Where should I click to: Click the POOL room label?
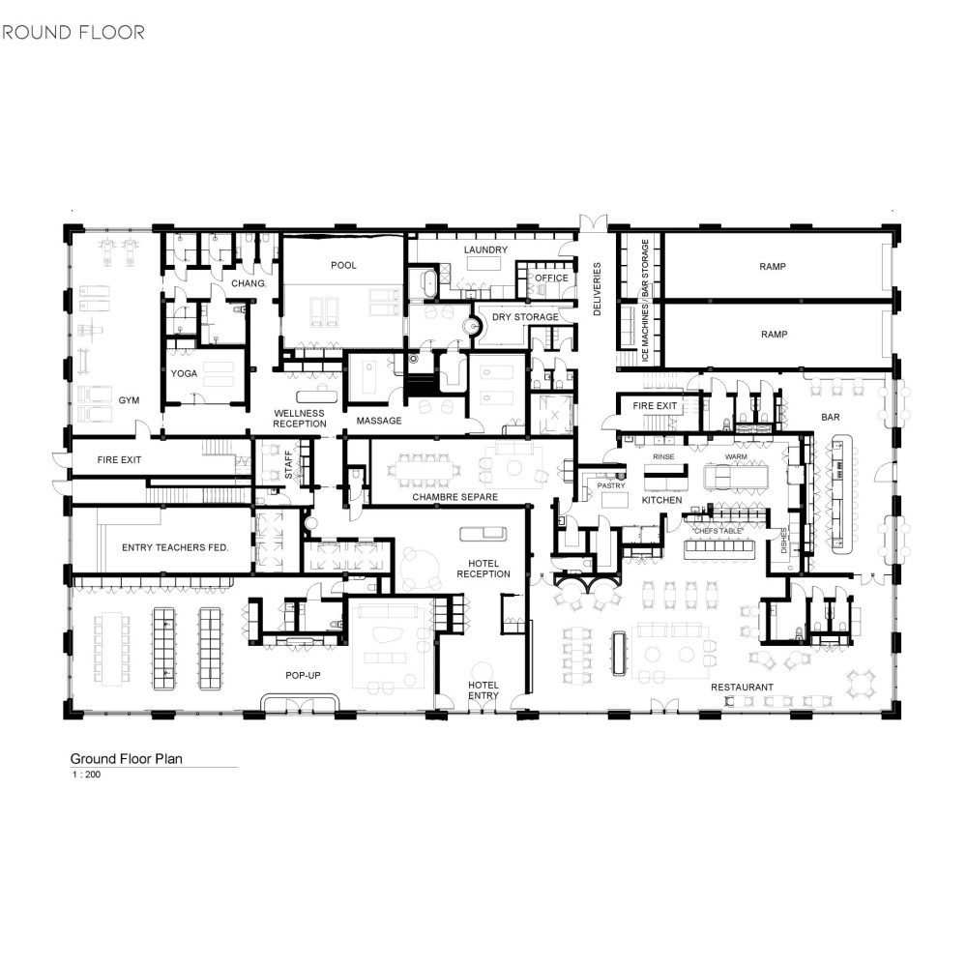(343, 265)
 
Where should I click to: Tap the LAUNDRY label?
(486, 249)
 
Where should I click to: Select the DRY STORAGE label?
(525, 317)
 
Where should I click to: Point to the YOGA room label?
(184, 373)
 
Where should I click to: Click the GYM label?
(129, 400)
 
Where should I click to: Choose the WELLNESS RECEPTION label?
(300, 419)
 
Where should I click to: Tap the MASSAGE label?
(379, 421)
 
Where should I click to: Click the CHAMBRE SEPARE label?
(455, 497)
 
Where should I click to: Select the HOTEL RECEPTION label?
(483, 569)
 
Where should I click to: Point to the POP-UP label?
(303, 675)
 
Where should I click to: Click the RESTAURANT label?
(742, 687)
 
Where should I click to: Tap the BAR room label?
(831, 418)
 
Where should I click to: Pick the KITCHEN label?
(661, 500)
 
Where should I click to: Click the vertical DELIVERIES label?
(597, 289)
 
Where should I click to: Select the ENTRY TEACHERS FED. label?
(175, 547)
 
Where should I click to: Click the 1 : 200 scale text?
(86, 775)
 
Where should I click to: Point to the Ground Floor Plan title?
(127, 759)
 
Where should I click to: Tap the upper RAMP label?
(773, 267)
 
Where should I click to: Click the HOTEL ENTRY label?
(483, 690)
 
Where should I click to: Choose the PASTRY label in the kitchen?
(611, 486)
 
